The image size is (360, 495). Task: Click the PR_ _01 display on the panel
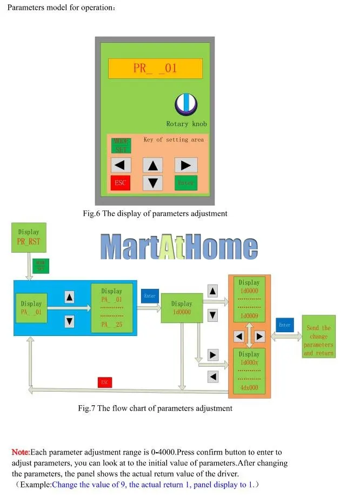[155, 69]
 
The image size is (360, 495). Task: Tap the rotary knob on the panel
[186, 103]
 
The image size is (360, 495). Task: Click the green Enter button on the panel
[185, 183]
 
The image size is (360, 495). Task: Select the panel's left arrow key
[121, 165]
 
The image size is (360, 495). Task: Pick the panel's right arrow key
[185, 165]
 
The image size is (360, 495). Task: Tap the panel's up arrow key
[153, 165]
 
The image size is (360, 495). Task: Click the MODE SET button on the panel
[121, 146]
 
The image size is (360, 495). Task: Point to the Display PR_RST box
[29, 237]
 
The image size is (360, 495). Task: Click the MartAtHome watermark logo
[179, 247]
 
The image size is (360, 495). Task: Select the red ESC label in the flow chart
[105, 382]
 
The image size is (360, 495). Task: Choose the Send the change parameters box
[318, 336]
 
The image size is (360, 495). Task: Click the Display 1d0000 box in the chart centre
[182, 308]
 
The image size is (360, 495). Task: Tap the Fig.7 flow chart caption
[155, 408]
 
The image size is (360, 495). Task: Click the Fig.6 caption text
[155, 214]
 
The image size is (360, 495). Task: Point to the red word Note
[21, 452]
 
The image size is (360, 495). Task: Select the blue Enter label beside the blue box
[150, 296]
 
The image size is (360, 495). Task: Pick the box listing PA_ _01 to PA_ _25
[112, 308]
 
